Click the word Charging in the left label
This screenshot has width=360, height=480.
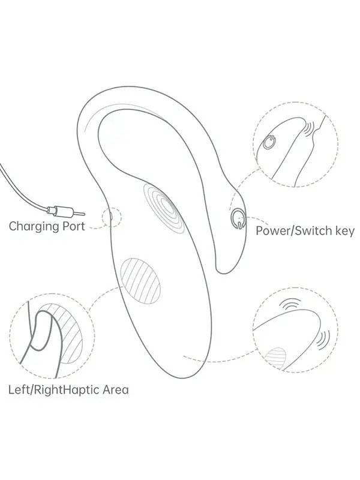pos(34,227)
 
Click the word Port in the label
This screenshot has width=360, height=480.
pos(74,226)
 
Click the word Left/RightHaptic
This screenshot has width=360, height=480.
pos(53,390)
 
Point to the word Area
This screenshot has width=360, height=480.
pos(115,390)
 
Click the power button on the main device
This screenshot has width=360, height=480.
pos(238,218)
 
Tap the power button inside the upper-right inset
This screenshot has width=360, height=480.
pos(269,142)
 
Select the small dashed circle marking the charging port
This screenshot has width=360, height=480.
pos(112,217)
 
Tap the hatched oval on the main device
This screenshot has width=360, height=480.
pos(140,281)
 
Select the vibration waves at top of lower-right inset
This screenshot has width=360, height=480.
pos(289,304)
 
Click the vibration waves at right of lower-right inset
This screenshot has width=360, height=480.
pos(323,340)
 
